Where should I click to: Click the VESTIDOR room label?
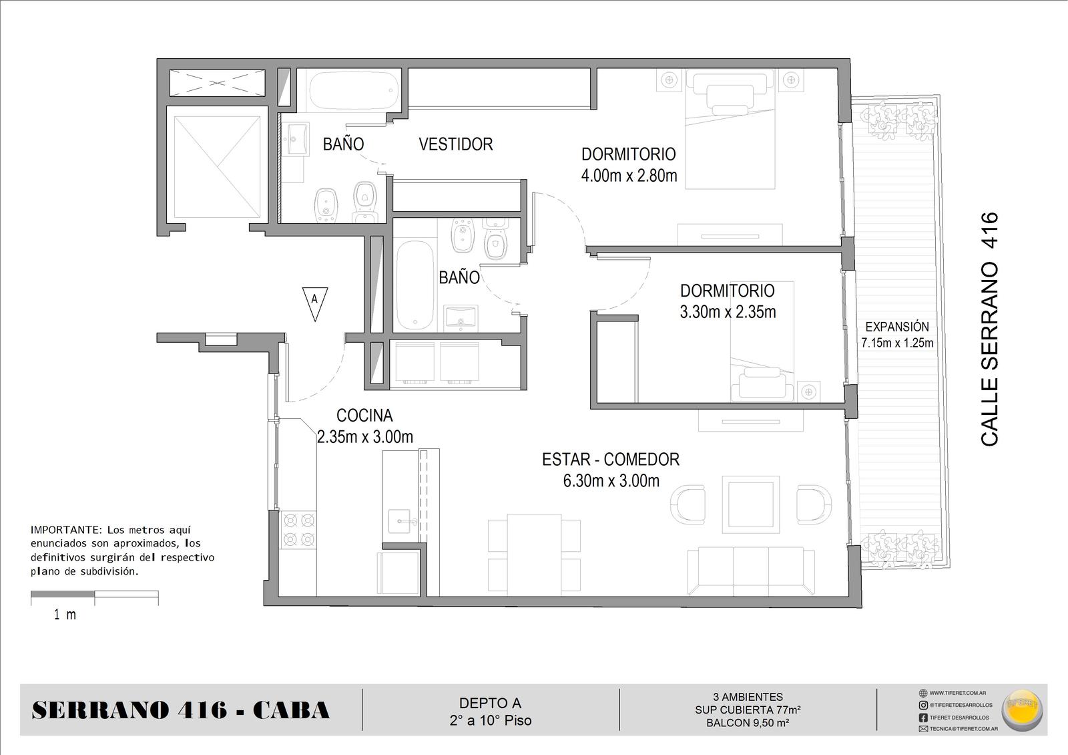point(456,144)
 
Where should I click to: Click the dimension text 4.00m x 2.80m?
point(629,176)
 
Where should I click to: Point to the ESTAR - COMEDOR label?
point(611,459)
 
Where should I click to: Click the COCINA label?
point(364,416)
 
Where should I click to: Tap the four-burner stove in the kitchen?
point(300,530)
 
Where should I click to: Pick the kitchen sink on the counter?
point(400,520)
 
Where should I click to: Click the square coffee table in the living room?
point(750,504)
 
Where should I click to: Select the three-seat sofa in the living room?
point(751,572)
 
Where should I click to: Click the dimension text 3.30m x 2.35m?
point(728,312)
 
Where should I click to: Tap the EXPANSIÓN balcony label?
point(897,327)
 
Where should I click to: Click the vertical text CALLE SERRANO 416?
point(989,329)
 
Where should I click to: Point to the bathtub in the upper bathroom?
point(354,90)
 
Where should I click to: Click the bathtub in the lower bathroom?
point(415,285)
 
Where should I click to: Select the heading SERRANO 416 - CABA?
point(181,710)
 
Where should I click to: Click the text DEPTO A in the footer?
point(490,703)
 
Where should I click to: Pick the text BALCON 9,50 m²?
point(748,723)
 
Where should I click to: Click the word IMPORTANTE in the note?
point(66,530)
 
